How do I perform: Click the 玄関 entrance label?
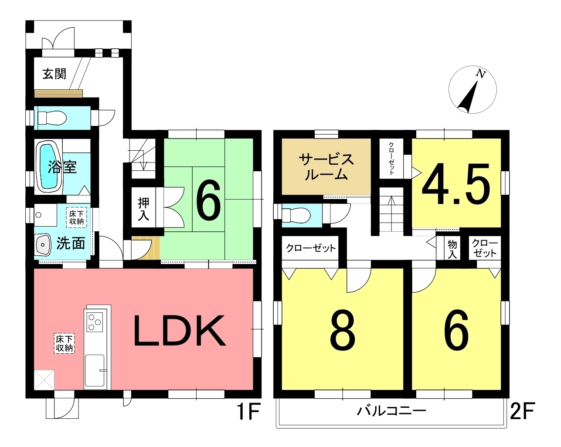coord(54,74)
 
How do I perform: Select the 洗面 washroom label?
coord(71,244)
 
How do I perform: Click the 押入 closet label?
coord(144,209)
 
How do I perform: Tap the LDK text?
coord(180,331)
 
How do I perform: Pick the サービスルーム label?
coord(326,167)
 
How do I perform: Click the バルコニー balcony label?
coord(391,411)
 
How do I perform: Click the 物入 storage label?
coord(452,249)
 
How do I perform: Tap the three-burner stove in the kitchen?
coord(95,322)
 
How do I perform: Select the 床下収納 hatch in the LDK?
coord(65,343)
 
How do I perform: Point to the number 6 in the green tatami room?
coord(209,200)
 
